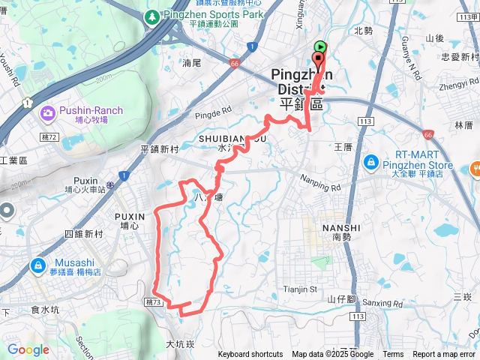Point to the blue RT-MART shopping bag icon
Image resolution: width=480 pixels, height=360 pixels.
(370, 162)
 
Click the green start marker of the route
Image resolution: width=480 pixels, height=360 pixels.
(320, 46)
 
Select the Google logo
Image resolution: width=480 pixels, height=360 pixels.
(28, 349)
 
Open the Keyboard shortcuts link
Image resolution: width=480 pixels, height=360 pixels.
(250, 355)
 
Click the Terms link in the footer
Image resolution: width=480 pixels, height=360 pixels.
(393, 355)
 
